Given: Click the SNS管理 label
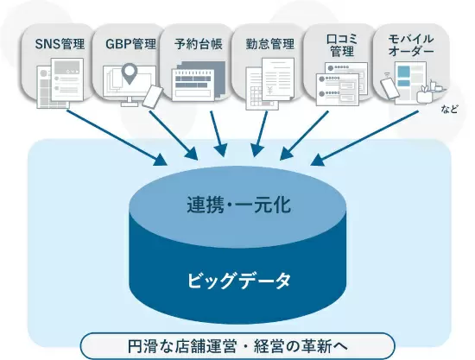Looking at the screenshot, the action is click(x=60, y=44).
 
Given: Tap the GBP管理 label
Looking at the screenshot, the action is click(x=130, y=44).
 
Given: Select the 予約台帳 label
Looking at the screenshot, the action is click(x=199, y=44).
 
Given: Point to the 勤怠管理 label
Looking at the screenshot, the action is click(x=270, y=44).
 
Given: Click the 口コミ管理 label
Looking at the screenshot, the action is click(x=342, y=46).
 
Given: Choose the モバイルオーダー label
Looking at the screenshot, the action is click(x=411, y=45).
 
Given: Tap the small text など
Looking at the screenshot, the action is click(x=449, y=109).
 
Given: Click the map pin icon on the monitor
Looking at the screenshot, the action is click(x=130, y=73).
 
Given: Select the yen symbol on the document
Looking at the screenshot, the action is click(x=270, y=90).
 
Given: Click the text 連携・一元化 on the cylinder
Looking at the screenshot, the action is click(x=238, y=205).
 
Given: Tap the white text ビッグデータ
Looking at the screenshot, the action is click(x=238, y=280).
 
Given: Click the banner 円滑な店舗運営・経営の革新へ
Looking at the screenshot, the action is click(x=237, y=346).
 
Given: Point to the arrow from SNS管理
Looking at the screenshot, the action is click(x=117, y=138).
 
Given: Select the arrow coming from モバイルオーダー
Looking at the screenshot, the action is click(x=364, y=138).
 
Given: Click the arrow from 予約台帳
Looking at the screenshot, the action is click(x=218, y=134).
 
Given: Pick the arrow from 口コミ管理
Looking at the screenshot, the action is click(x=304, y=136).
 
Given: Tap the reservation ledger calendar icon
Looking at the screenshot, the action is click(x=199, y=81).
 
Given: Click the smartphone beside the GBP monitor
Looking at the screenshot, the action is click(x=153, y=97).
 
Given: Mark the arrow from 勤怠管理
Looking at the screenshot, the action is click(x=260, y=134).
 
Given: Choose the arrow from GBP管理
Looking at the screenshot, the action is click(x=174, y=136).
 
